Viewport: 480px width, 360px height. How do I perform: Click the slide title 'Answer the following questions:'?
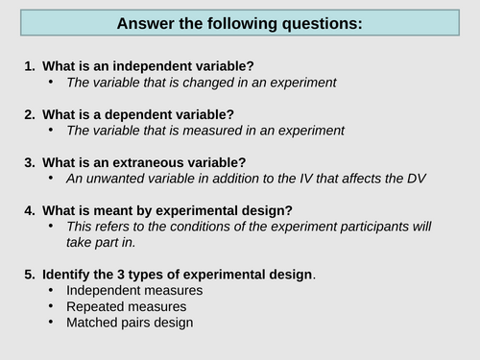click(239, 23)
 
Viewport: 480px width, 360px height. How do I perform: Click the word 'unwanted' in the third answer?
click(114, 179)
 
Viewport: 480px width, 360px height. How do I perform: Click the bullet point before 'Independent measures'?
click(50, 291)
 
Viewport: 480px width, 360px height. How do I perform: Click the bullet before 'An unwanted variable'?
click(50, 179)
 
